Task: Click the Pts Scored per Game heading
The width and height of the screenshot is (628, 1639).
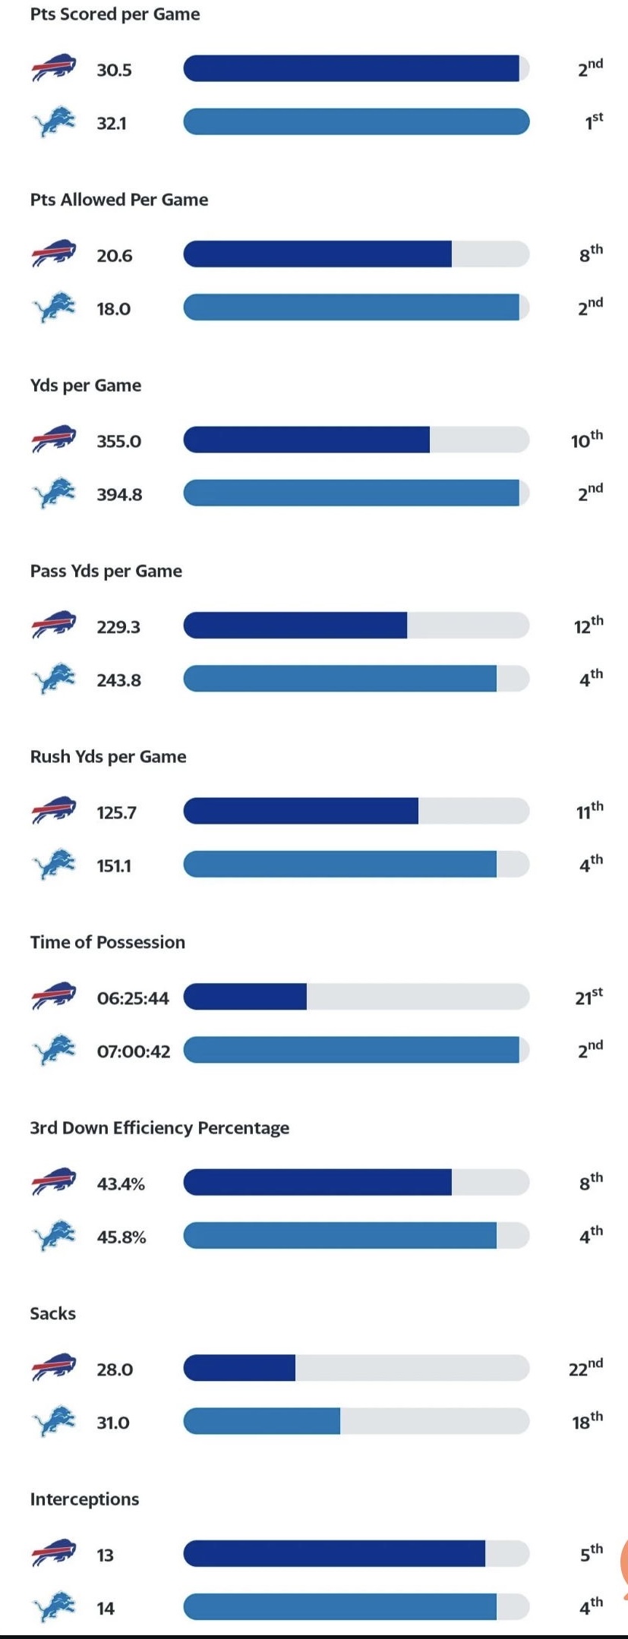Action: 115,14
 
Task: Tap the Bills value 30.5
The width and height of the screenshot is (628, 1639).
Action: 114,70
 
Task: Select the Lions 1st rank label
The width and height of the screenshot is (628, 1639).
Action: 593,121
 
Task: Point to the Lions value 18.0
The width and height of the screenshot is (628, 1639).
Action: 113,309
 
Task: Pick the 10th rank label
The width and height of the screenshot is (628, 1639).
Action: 587,440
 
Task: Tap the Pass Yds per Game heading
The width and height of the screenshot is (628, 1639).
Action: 106,571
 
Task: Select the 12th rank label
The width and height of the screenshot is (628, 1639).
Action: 588,625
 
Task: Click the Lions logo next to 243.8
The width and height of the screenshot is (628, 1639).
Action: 55,679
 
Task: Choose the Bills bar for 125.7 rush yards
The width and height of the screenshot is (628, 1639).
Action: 301,811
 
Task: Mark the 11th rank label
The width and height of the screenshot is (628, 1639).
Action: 589,811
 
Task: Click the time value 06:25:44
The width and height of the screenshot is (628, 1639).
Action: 133,998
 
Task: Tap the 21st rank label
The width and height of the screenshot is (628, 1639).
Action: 589,996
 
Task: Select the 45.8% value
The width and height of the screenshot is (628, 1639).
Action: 121,1237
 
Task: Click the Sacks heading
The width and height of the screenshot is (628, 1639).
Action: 52,1313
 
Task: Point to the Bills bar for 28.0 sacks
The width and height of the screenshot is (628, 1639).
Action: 240,1368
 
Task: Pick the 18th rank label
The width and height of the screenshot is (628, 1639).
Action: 587,1420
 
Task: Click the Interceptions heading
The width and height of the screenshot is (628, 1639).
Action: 84,1499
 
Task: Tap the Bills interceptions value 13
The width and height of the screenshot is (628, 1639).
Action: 105,1555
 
